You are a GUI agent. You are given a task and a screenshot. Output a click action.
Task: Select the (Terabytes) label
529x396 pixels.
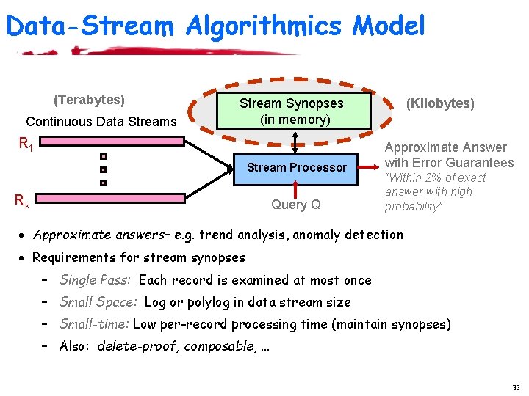(89, 99)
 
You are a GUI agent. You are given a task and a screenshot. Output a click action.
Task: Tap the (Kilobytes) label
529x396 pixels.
(441, 103)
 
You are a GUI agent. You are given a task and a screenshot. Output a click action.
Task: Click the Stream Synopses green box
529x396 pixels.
(292, 111)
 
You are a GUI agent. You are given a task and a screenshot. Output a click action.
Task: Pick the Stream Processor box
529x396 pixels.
(296, 167)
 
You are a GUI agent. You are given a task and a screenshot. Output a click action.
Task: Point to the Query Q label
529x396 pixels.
(296, 205)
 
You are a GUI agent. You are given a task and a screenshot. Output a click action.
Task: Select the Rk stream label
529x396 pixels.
(23, 199)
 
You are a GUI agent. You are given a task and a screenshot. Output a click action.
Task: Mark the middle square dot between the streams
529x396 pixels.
(104, 169)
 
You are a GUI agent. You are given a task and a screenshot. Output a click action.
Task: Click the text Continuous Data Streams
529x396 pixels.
(101, 121)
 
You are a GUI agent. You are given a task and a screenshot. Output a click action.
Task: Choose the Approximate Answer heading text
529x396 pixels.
(445, 147)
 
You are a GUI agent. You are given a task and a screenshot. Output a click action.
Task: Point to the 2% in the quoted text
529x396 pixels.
(428, 177)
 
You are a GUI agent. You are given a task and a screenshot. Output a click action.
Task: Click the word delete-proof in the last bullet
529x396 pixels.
(137, 346)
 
